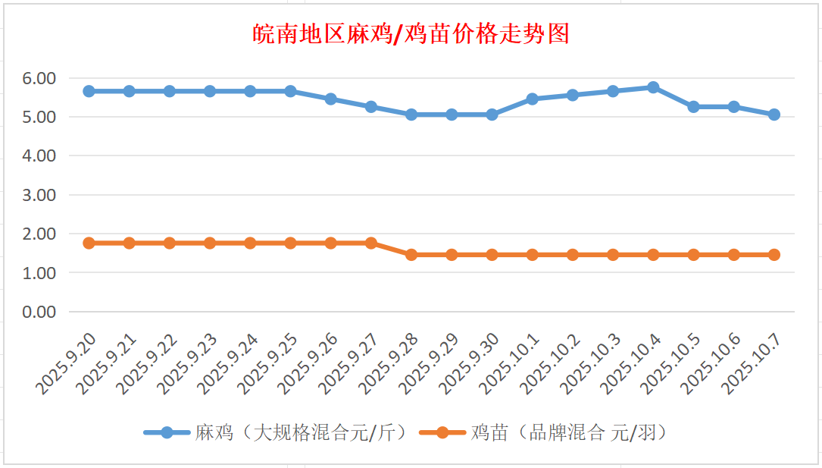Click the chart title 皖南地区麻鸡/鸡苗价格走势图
[x=411, y=34]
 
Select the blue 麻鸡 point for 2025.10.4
[x=653, y=87]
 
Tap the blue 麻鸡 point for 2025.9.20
[x=89, y=91]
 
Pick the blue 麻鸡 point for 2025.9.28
[x=411, y=115]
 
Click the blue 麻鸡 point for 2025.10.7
[x=774, y=115]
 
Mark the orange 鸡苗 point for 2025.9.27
[x=371, y=243]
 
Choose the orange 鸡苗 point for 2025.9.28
[x=411, y=255]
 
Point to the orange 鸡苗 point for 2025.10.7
[x=774, y=255]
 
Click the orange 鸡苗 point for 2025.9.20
[x=89, y=243]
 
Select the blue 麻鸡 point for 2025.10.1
[x=533, y=99]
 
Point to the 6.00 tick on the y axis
[x=39, y=78]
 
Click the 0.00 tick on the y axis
[x=39, y=312]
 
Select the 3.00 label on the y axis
[x=39, y=195]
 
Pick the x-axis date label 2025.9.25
[x=266, y=366]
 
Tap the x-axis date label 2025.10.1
[x=510, y=366]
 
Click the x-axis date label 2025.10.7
[x=752, y=366]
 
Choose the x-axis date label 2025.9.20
[x=65, y=366]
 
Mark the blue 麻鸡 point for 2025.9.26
[x=331, y=99]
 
